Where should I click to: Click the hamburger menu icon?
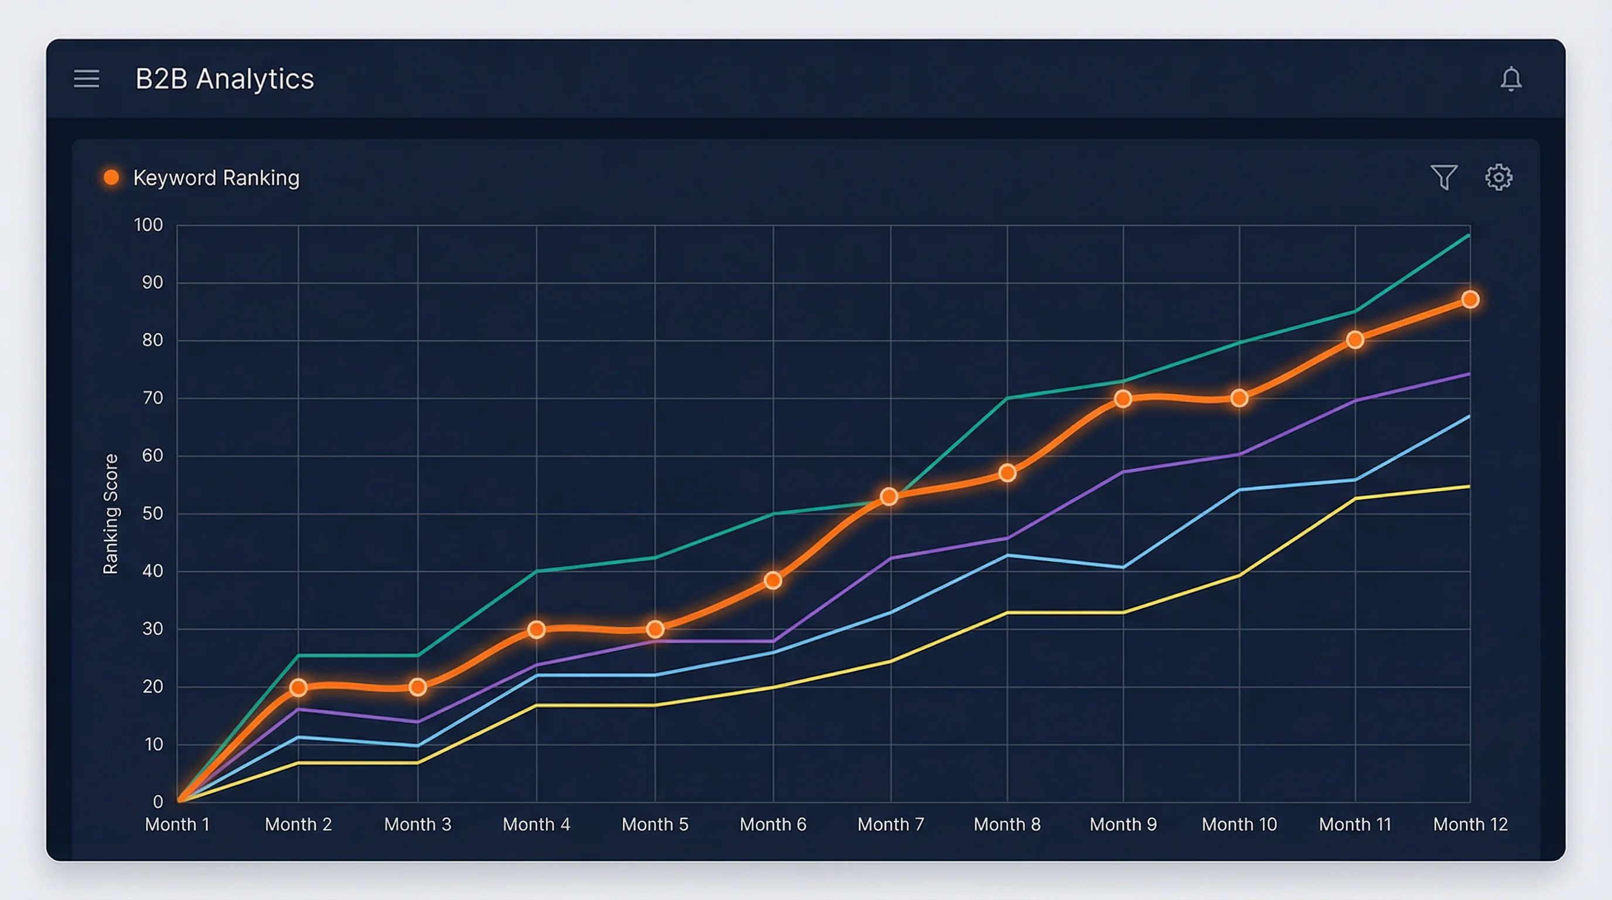(86, 79)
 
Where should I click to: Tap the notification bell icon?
(1511, 79)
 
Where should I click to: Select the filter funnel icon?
(1444, 177)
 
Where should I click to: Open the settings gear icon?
(1499, 177)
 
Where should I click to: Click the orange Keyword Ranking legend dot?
(111, 178)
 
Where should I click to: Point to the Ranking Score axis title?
(111, 513)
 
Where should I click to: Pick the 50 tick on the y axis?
(152, 513)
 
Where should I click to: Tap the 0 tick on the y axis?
(158, 802)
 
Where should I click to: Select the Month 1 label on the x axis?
(177, 824)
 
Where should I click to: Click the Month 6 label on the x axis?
(773, 824)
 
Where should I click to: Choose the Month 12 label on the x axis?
(1470, 824)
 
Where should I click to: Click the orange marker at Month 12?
(1470, 300)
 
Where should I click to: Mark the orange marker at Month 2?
(299, 688)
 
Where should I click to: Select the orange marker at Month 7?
(889, 497)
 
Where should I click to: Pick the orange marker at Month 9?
(1123, 398)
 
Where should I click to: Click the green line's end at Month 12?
(1468, 236)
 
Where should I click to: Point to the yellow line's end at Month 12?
(1468, 486)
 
